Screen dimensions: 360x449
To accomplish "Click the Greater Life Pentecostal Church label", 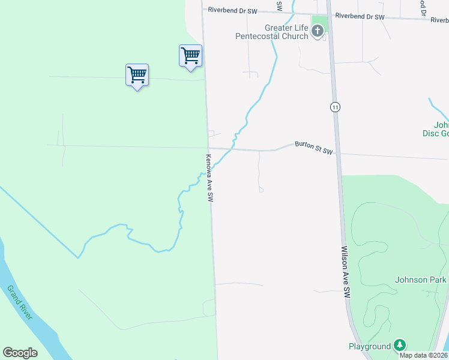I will (x=286, y=32).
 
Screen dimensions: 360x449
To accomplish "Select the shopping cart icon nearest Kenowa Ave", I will (x=190, y=56).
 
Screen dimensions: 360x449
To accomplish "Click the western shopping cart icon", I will (x=137, y=76).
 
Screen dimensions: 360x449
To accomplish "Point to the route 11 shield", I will (x=335, y=107).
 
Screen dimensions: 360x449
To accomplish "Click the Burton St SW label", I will (x=313, y=148).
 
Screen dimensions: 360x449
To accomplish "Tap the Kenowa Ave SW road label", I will (x=209, y=178).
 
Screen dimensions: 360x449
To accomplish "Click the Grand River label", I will (x=20, y=303).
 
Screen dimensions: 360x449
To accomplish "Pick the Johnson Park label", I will (x=421, y=280).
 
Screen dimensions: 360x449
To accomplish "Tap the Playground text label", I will (x=370, y=346).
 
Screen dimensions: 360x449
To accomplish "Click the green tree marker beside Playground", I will (x=400, y=346).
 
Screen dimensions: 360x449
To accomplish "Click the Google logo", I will (x=20, y=353).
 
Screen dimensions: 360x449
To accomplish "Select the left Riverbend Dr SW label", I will (x=232, y=10).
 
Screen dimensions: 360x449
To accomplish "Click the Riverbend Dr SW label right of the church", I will (x=360, y=17).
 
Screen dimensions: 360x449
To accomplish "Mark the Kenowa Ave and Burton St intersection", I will (x=208, y=148).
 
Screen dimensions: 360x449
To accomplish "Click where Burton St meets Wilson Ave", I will (x=337, y=152).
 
